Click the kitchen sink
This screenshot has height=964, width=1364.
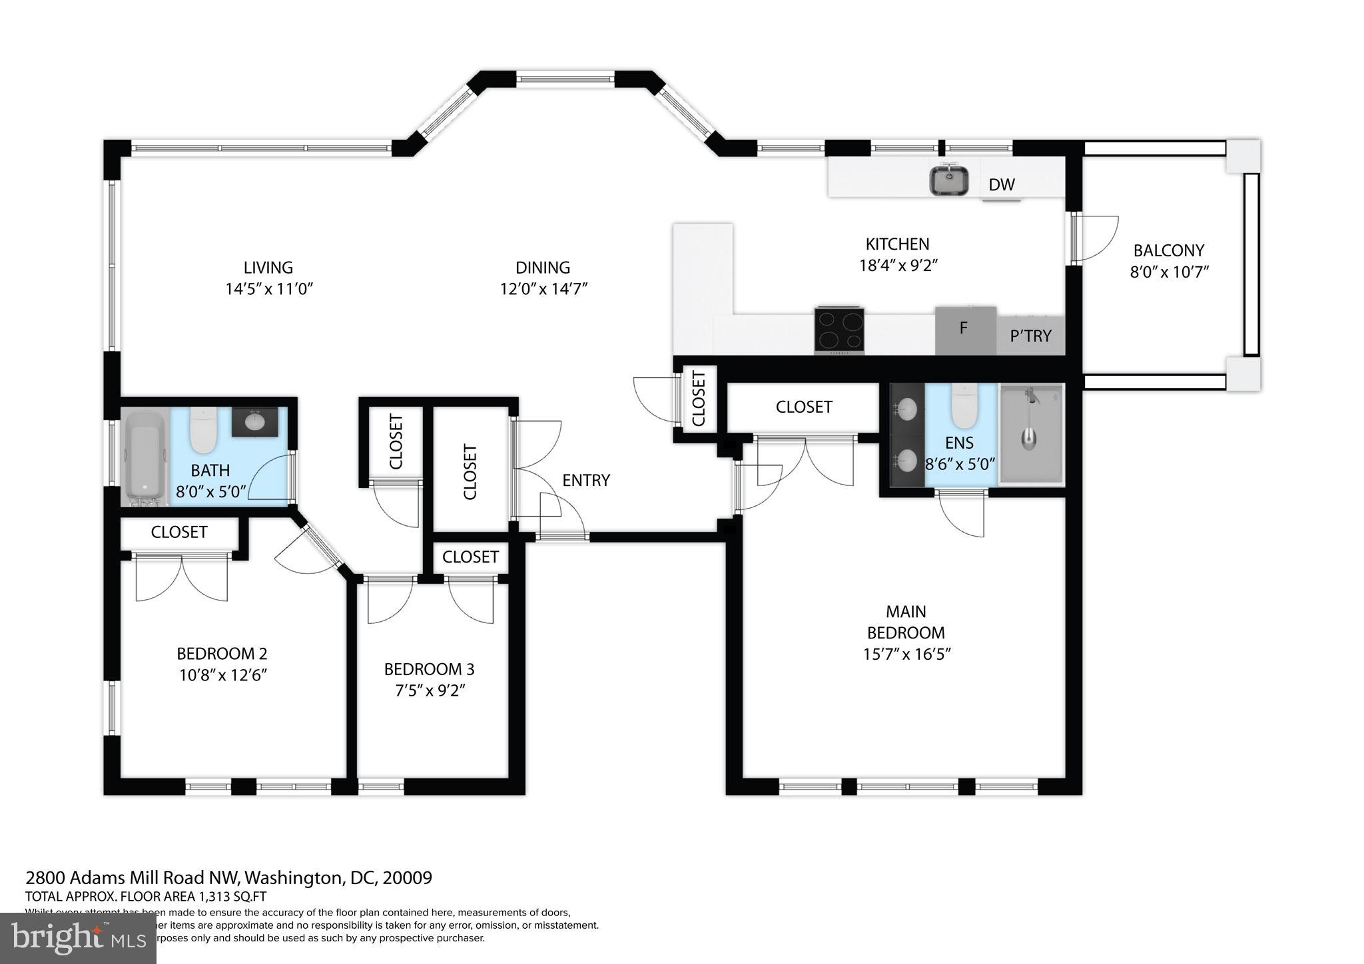tap(949, 181)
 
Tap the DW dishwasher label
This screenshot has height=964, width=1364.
tap(1001, 185)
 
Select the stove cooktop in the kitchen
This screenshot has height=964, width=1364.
tap(839, 330)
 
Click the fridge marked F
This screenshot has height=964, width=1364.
tap(965, 330)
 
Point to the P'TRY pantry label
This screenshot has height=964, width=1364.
tap(1030, 336)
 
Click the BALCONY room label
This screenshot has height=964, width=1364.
tap(1168, 251)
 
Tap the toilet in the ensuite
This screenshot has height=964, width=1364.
tap(963, 407)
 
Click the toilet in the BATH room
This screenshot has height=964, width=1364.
tap(204, 430)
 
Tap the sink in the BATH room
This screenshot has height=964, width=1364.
tap(254, 422)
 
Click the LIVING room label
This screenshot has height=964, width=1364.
tap(268, 268)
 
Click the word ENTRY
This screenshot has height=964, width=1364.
tap(585, 481)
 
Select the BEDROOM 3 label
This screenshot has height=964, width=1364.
tap(429, 669)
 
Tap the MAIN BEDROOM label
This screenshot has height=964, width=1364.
tap(905, 622)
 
